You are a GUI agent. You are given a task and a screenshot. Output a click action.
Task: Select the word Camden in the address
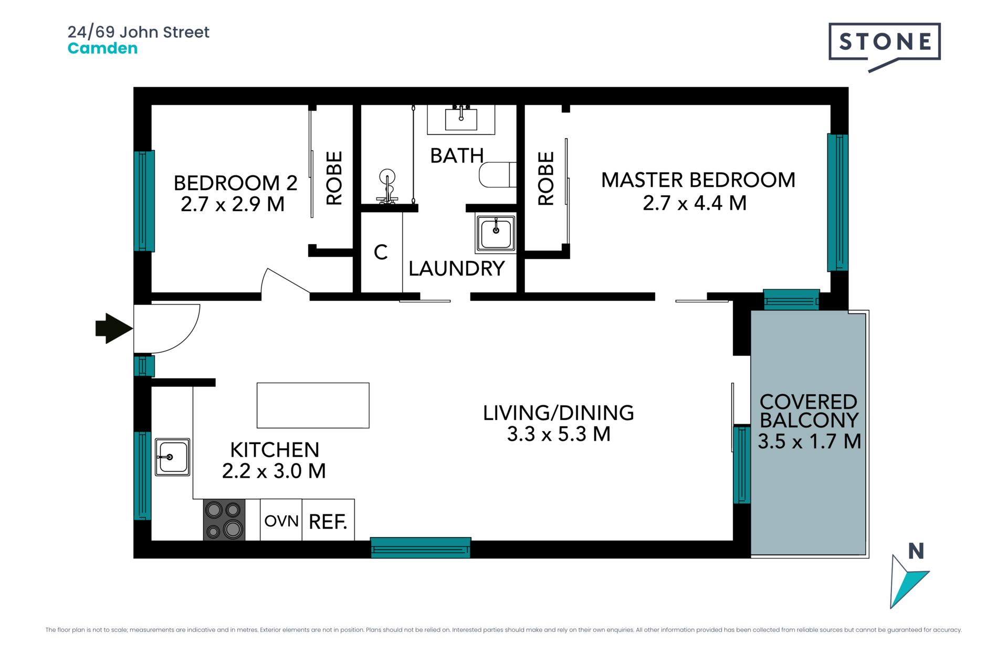click(103, 48)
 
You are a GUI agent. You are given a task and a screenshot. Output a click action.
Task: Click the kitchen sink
click(172, 457)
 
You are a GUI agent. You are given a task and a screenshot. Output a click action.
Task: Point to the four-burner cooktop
click(224, 520)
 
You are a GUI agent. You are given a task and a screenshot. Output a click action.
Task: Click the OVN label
click(281, 521)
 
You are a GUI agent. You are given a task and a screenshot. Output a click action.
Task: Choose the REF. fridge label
click(328, 522)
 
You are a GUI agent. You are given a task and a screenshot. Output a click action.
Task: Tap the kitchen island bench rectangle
click(313, 405)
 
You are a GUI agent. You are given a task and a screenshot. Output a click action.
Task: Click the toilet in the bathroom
click(498, 175)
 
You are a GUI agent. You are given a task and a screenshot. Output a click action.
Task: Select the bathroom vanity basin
click(461, 119)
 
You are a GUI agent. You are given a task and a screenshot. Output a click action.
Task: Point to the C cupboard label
click(381, 253)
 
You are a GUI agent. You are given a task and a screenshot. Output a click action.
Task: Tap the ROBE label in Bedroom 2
click(334, 178)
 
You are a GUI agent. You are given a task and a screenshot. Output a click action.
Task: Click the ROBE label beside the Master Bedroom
click(546, 178)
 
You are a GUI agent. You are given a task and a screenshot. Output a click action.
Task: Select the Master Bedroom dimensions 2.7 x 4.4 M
click(695, 203)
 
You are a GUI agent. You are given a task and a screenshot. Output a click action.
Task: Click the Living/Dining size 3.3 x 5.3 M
click(559, 434)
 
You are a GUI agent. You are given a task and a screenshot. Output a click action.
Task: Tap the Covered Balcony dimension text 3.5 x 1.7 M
click(809, 441)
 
